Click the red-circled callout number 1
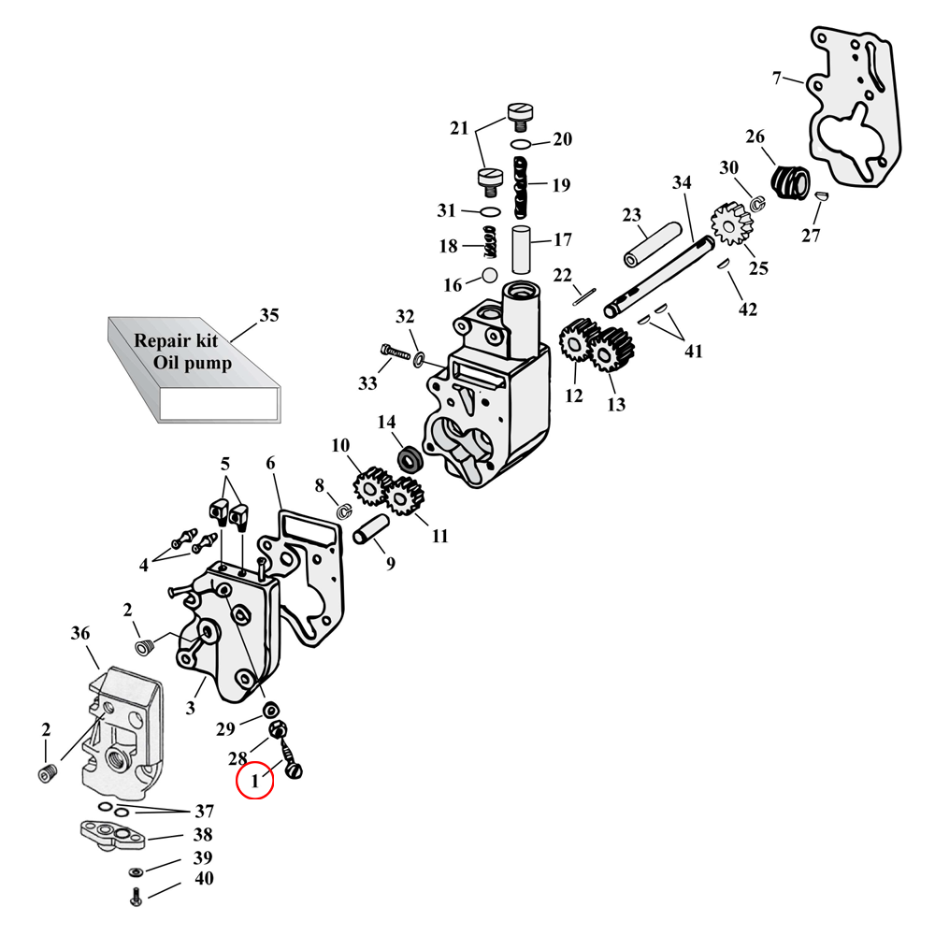point(253,779)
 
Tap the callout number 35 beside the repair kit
point(269,316)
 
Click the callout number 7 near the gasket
point(778,78)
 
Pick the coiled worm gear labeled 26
point(791,180)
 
